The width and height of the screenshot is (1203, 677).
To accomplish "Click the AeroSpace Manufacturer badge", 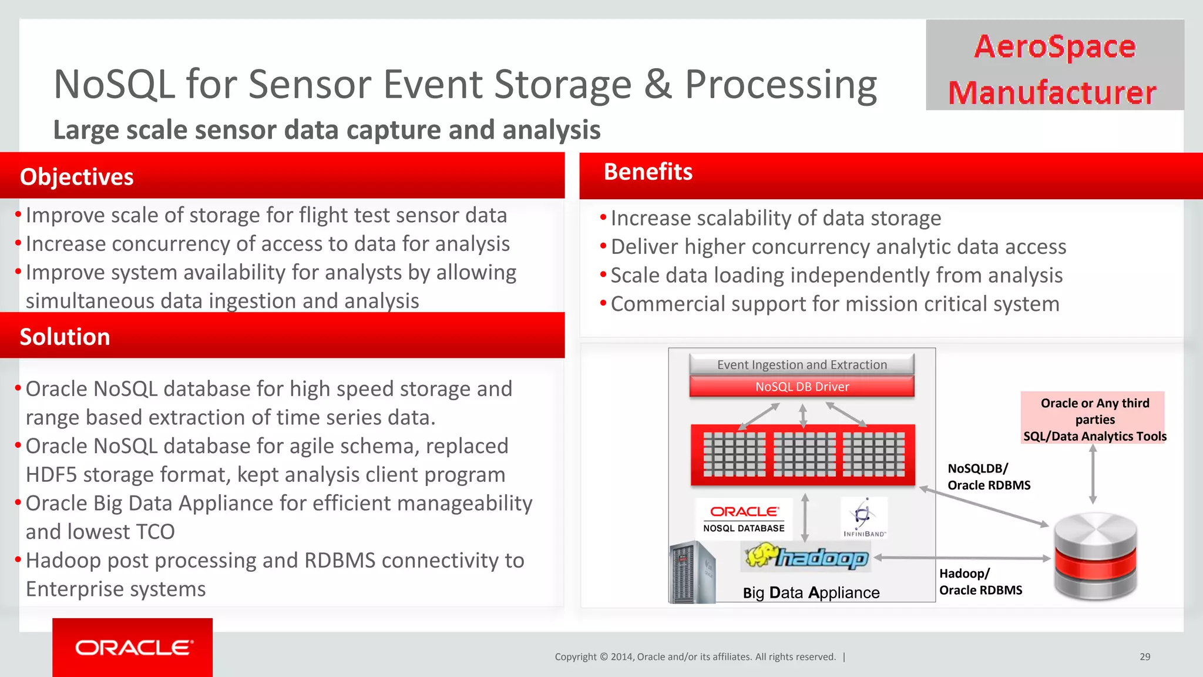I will (1054, 65).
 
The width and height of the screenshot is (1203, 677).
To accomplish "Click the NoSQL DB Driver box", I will (802, 387).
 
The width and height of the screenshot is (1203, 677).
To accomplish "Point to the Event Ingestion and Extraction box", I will (802, 364).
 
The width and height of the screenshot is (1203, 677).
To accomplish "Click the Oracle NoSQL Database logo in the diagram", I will (744, 518).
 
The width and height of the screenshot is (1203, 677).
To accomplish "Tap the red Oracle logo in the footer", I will (133, 647).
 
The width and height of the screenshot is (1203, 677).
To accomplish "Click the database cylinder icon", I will (1095, 556).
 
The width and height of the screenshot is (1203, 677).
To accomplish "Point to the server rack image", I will (692, 573).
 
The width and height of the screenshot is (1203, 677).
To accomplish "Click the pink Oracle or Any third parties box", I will (1094, 418).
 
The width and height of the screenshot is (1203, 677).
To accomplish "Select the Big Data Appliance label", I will (811, 592).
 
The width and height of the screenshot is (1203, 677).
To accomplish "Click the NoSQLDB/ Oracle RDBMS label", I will (989, 477).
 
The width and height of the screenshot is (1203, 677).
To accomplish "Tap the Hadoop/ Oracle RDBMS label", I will (980, 582).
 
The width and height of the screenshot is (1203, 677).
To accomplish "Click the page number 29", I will (1145, 656).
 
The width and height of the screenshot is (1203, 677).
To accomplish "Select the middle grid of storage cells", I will (804, 454).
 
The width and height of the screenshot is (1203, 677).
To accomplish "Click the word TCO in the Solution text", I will (155, 532).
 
